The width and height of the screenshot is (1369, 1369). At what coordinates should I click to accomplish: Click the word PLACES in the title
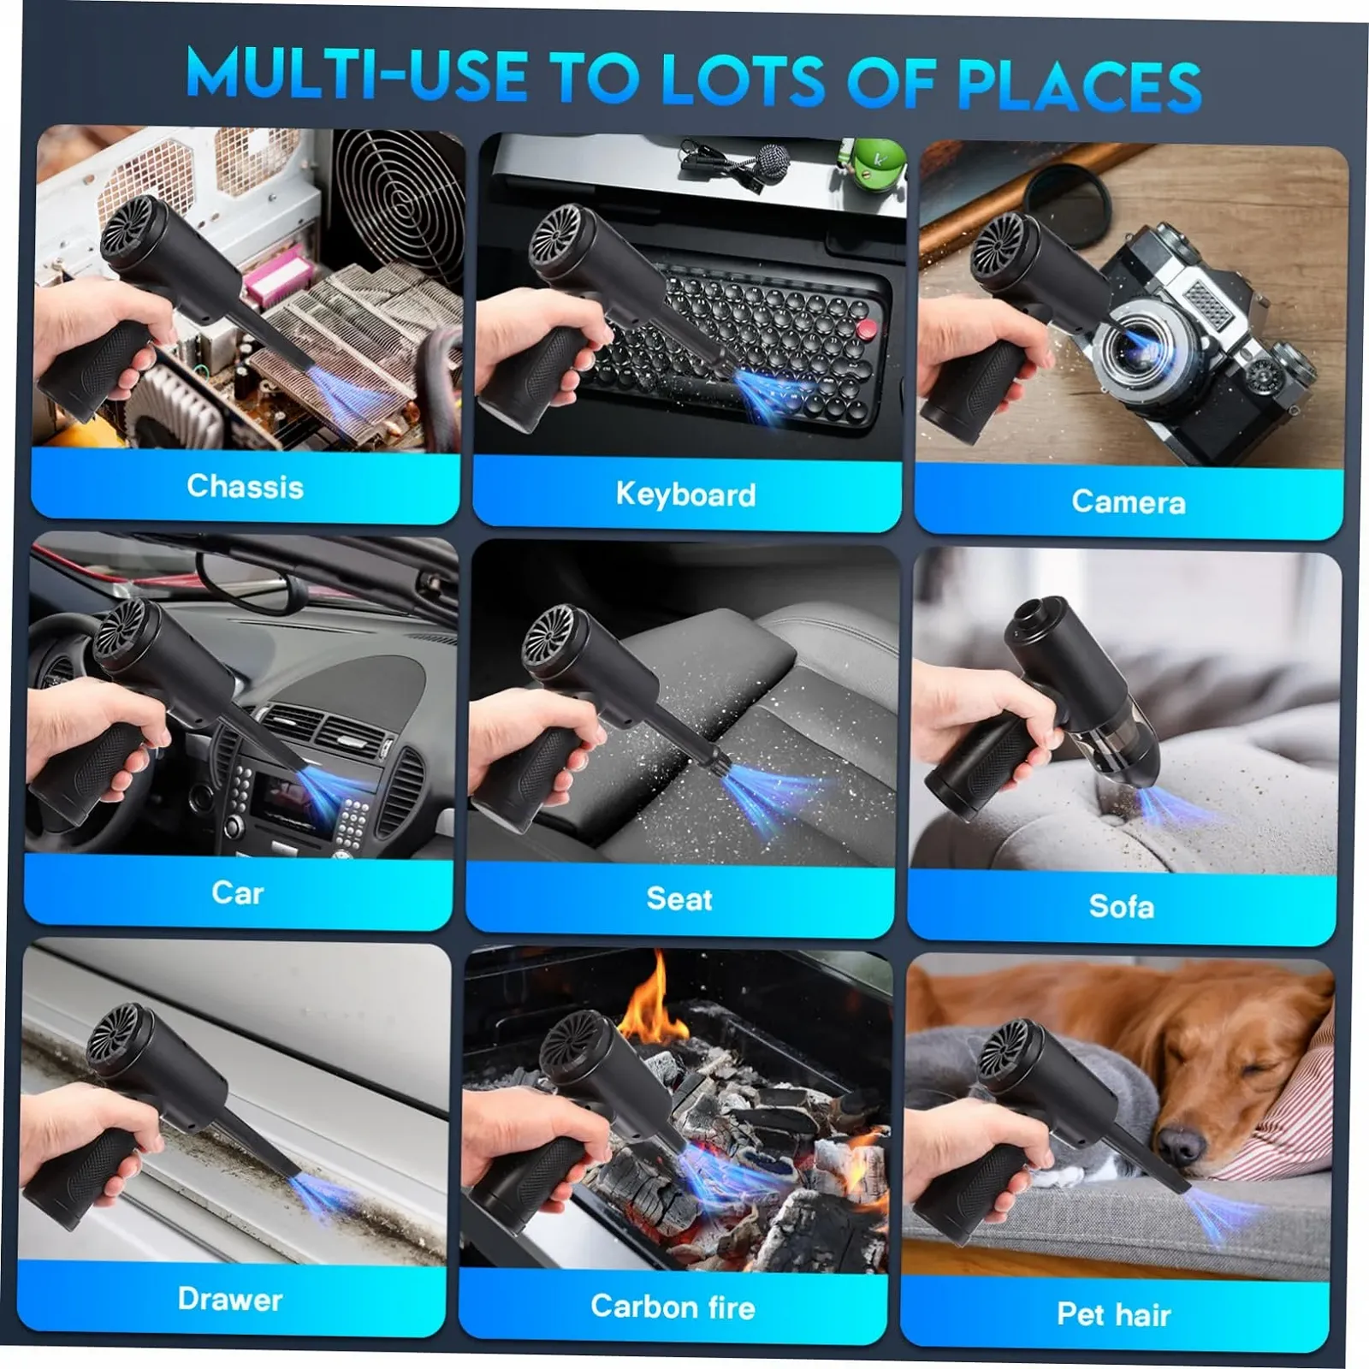point(1079,86)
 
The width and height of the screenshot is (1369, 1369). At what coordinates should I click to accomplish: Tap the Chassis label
point(246,487)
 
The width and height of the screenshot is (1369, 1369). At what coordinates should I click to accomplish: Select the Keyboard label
point(686,495)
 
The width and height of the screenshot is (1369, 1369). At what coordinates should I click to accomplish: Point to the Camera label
point(1129,502)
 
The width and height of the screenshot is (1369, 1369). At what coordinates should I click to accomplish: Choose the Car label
point(238,893)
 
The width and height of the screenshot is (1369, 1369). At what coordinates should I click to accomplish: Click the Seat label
point(679,899)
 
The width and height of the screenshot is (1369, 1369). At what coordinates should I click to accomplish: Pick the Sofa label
point(1122,906)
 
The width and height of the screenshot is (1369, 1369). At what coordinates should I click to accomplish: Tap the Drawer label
point(230,1299)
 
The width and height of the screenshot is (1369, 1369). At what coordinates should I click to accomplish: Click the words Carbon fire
point(673,1307)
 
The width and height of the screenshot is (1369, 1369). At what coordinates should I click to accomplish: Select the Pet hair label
point(1114,1314)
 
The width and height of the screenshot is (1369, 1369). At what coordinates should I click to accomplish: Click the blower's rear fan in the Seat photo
point(551,638)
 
